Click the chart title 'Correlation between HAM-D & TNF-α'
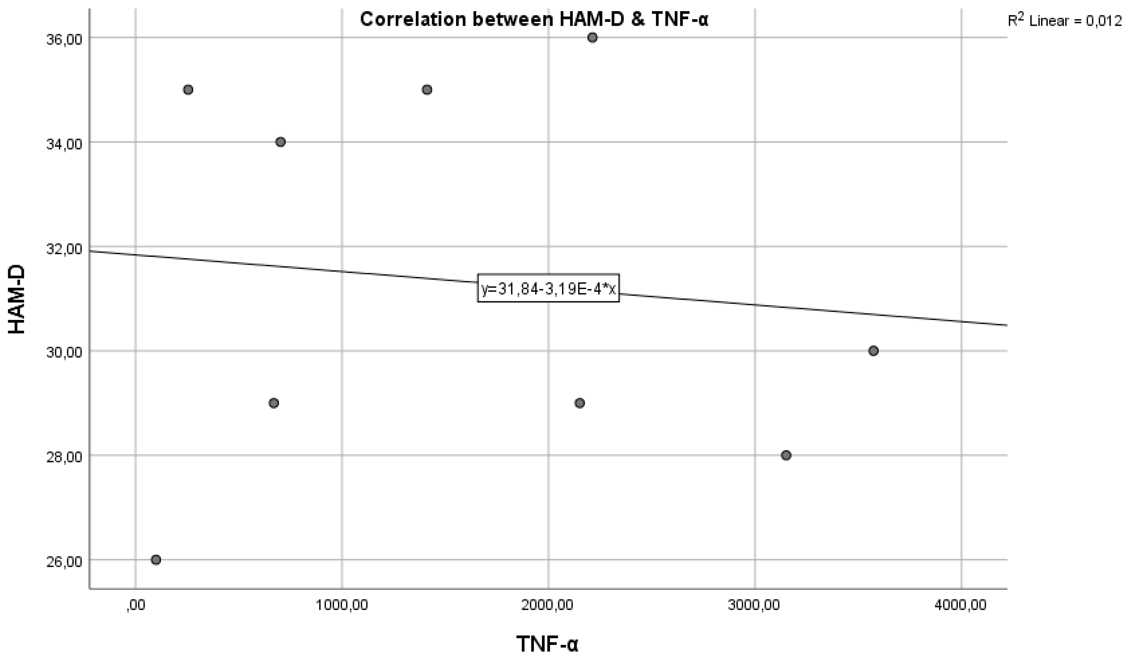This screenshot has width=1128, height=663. (534, 20)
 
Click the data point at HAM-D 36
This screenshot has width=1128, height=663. (592, 38)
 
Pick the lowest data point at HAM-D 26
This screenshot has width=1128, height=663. (156, 559)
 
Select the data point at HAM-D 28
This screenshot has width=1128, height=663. (786, 455)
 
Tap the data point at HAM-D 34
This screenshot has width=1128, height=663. (281, 142)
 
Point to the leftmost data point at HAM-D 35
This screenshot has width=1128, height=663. (188, 90)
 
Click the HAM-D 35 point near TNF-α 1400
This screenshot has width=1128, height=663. (427, 90)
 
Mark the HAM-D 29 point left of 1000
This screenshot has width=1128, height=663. (274, 403)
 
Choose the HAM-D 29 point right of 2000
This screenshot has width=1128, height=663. (580, 403)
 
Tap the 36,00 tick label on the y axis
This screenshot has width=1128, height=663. (64, 39)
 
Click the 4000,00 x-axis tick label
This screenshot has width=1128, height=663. (961, 605)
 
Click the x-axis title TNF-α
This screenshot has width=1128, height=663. (548, 644)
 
